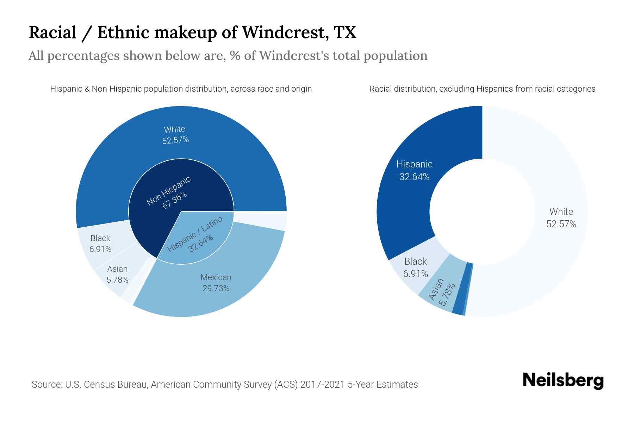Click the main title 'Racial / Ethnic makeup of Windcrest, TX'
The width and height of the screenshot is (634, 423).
[x=192, y=32]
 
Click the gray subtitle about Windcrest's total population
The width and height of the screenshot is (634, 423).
[x=228, y=56]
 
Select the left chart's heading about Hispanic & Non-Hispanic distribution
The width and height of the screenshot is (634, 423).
[x=181, y=89]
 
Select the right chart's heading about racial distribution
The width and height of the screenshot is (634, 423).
[x=482, y=89]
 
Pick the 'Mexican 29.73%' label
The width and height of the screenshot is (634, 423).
[x=216, y=283]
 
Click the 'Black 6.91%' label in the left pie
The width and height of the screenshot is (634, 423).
[x=100, y=244]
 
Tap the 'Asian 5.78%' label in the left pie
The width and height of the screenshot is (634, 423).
[x=117, y=274]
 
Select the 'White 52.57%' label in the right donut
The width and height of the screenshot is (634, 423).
[x=561, y=217]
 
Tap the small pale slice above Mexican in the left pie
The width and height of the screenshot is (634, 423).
[x=268, y=221]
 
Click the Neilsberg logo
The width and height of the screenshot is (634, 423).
[x=563, y=381]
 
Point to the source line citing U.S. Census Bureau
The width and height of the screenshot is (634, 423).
[x=224, y=384]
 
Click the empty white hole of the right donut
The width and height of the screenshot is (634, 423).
[x=482, y=211]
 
